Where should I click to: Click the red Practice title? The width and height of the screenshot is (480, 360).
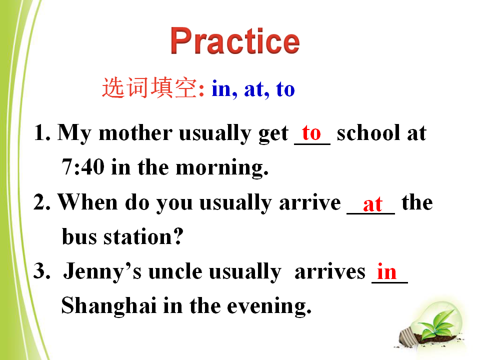pyautogui.click(x=235, y=40)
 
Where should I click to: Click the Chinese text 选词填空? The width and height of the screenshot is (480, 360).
pyautogui.click(x=149, y=88)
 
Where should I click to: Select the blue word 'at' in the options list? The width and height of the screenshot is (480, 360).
pyautogui.click(x=254, y=89)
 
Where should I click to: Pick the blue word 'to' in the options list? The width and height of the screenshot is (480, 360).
pyautogui.click(x=285, y=89)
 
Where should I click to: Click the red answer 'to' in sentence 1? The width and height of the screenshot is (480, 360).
pyautogui.click(x=311, y=133)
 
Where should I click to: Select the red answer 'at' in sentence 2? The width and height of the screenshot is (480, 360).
pyautogui.click(x=372, y=203)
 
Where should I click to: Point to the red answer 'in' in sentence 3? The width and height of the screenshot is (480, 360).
pyautogui.click(x=386, y=271)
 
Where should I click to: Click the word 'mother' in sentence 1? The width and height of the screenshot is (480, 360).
pyautogui.click(x=135, y=133)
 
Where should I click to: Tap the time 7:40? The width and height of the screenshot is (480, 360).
pyautogui.click(x=83, y=167)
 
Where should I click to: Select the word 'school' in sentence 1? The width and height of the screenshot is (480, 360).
pyautogui.click(x=368, y=133)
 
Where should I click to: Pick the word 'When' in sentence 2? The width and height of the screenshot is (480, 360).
pyautogui.click(x=88, y=202)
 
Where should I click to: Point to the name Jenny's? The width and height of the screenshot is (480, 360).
pyautogui.click(x=102, y=272)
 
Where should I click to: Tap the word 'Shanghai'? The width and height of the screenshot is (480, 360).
pyautogui.click(x=109, y=306)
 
